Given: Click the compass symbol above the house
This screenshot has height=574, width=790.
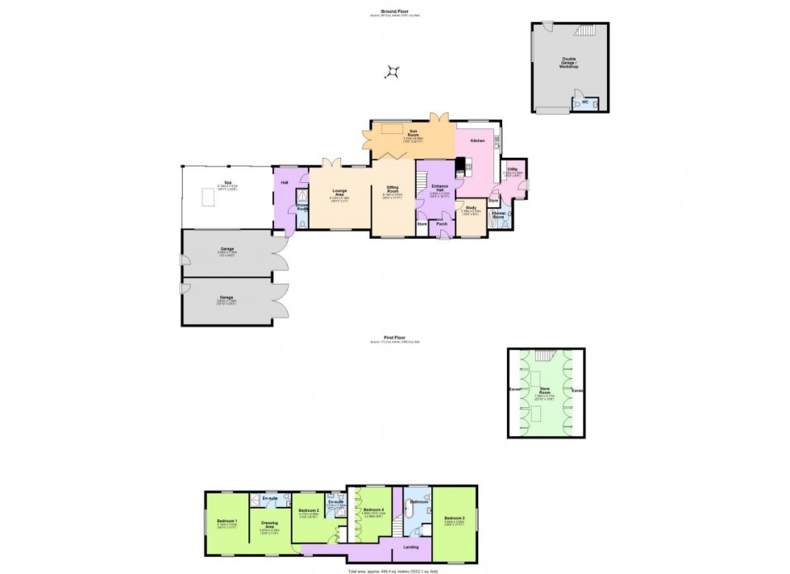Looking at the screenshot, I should [x=393, y=73].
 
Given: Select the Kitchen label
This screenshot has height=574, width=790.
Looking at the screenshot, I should [x=476, y=141].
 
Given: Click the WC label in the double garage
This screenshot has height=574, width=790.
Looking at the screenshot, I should [x=585, y=102].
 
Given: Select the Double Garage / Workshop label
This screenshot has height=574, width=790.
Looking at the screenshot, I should [x=570, y=62].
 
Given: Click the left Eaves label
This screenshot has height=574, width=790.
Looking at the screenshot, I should [x=515, y=391].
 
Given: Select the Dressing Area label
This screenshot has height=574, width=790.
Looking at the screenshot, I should [x=269, y=524].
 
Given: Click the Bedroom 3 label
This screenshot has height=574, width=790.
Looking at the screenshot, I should [x=454, y=518].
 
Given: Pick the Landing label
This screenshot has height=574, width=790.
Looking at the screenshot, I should [x=410, y=547].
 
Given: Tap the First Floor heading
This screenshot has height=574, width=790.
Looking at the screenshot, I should [x=394, y=339].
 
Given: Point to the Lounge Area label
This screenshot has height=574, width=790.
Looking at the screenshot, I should [x=339, y=192].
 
